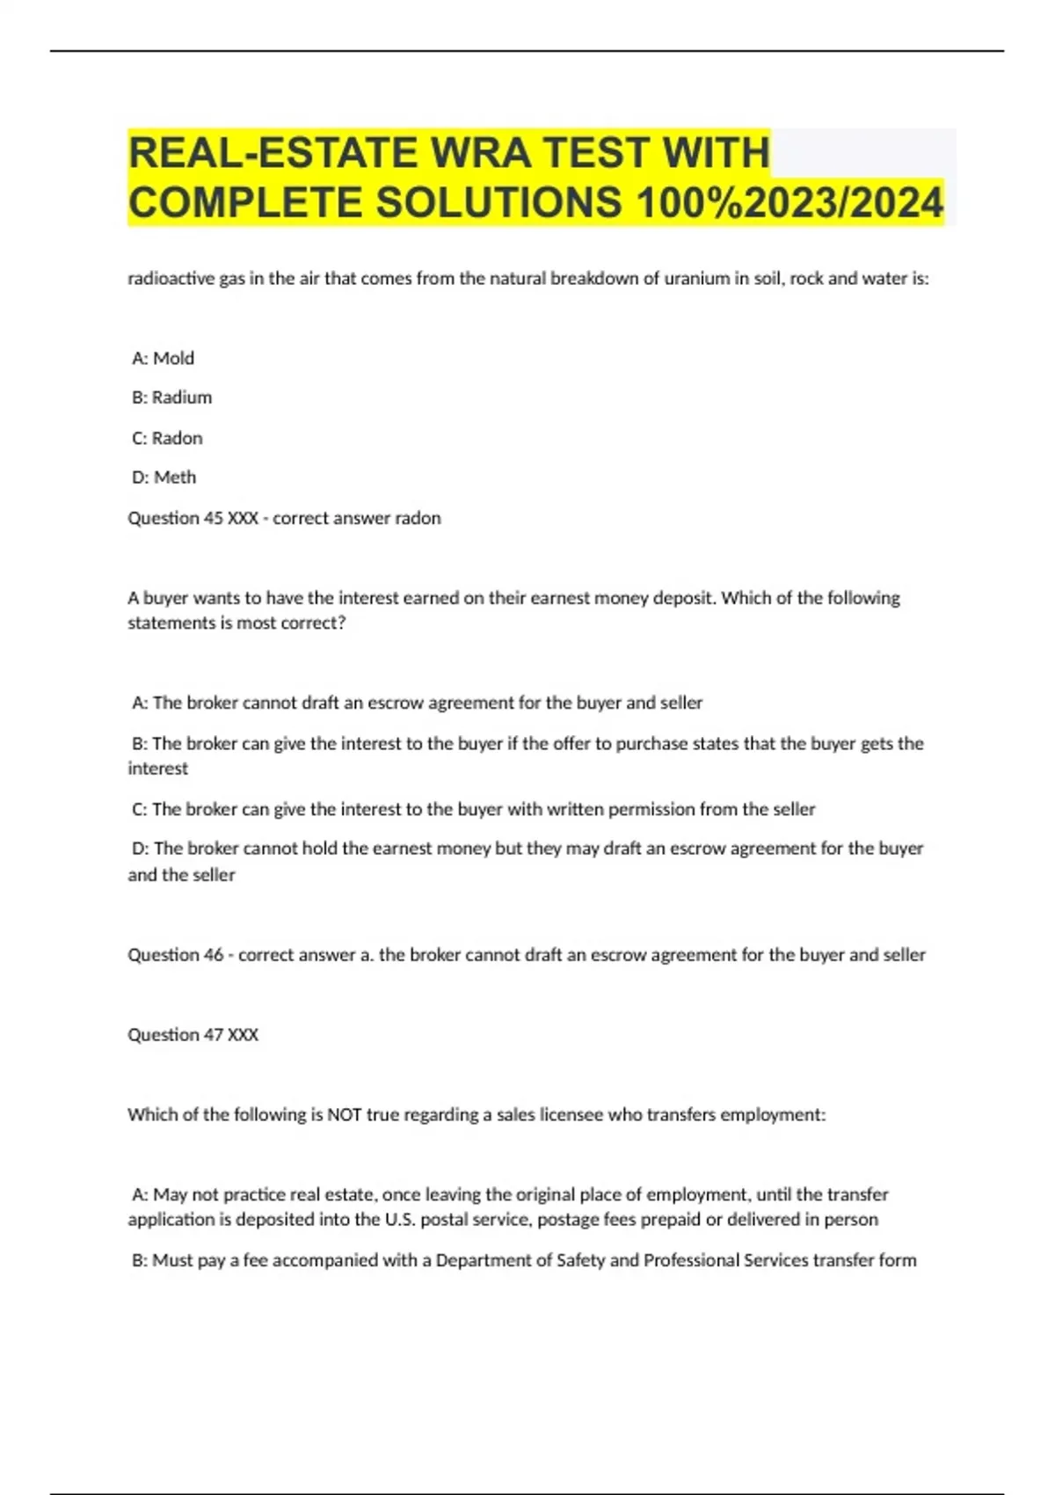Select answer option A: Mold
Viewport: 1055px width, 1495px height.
coord(163,358)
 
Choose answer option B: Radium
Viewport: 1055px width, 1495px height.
coord(171,397)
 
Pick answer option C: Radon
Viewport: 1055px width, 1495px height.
coord(167,438)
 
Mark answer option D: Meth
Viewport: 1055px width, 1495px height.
coord(164,478)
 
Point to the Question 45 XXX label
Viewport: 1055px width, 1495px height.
coord(193,518)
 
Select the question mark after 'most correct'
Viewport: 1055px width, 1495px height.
coord(342,623)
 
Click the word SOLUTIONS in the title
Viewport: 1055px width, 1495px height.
coord(498,202)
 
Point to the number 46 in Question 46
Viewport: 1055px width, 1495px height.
coord(214,955)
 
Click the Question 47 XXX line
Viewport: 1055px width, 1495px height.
coord(193,1035)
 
